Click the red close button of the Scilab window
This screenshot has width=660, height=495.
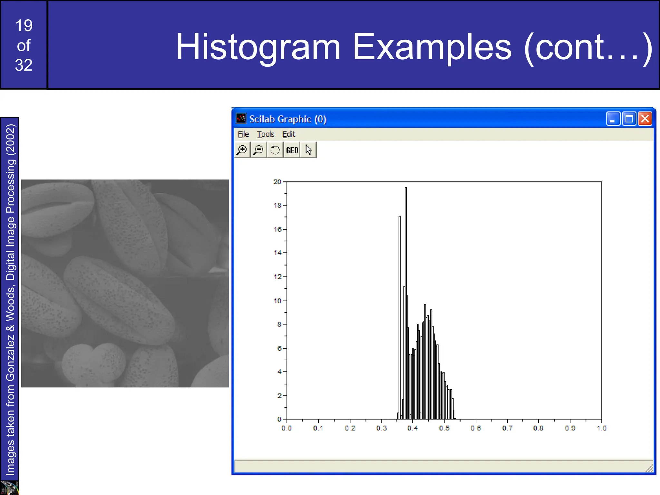[x=645, y=119]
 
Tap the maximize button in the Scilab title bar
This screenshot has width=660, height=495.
[x=629, y=119]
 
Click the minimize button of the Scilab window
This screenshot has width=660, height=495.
[x=613, y=119]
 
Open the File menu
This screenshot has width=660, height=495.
[x=243, y=134]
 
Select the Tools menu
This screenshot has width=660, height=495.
[x=266, y=134]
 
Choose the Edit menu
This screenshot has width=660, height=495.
[x=289, y=134]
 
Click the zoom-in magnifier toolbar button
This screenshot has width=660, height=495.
[x=242, y=150]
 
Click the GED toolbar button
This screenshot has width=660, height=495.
[x=292, y=150]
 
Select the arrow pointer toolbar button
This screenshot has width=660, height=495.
[x=308, y=150]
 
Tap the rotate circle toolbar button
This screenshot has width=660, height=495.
[x=275, y=150]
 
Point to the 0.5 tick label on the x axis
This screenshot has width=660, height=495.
[x=444, y=428]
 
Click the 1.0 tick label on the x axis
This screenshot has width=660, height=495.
[x=601, y=428]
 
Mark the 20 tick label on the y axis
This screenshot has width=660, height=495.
[x=277, y=182]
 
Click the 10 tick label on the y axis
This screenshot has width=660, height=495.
[x=277, y=301]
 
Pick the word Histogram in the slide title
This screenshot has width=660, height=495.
[x=258, y=47]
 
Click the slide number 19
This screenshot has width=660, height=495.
[x=24, y=26]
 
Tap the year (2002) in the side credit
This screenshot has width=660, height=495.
[x=10, y=139]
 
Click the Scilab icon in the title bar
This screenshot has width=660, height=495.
[x=241, y=119]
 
